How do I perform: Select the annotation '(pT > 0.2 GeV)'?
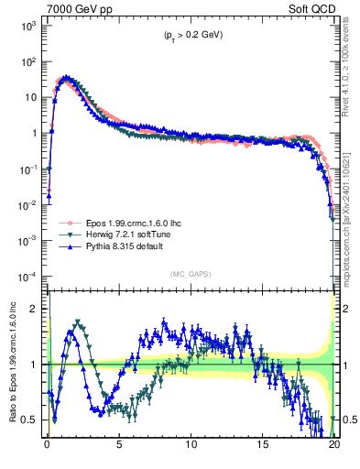pyautogui.click(x=189, y=35)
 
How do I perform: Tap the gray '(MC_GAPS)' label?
pyautogui.click(x=189, y=274)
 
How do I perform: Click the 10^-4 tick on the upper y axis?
pyautogui.click(x=28, y=276)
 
